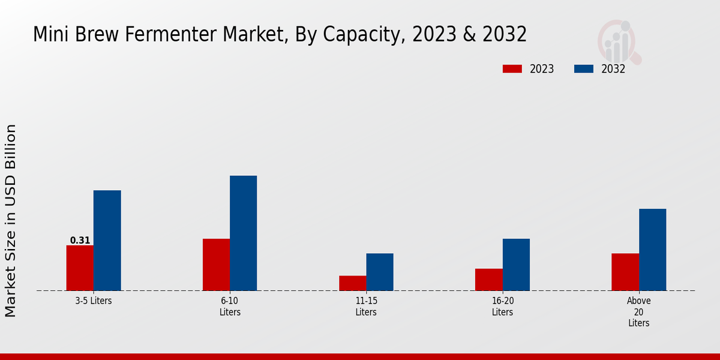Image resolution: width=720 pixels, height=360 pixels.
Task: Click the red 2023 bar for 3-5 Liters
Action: pos(80,268)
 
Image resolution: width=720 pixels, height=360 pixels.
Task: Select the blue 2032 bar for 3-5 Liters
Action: pos(107,241)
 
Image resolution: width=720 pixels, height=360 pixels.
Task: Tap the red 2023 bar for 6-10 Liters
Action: pos(216,265)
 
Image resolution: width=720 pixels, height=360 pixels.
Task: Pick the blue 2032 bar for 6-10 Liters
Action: pos(243,233)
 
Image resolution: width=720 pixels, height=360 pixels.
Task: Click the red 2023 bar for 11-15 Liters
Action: pos(352,283)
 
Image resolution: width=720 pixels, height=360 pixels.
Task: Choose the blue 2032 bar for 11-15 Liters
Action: pos(380,272)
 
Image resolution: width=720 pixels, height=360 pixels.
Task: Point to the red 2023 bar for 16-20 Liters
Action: pos(488,280)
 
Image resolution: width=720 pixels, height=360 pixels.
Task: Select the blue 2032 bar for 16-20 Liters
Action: pos(516,265)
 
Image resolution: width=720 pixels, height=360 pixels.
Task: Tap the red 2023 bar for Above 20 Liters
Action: pos(625,272)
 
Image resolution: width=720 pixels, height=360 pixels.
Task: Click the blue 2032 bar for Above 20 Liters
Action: pos(652,250)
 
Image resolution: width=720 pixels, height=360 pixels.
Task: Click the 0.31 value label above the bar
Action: pos(80,241)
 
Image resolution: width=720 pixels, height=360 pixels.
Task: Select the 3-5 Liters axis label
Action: pos(94,301)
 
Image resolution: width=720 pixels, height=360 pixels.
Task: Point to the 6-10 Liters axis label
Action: pos(230,306)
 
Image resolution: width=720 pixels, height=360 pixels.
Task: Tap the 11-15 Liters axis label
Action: pos(366,306)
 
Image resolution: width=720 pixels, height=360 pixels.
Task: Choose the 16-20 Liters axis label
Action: pos(502,306)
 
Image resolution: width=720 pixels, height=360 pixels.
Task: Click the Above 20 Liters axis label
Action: pos(638,311)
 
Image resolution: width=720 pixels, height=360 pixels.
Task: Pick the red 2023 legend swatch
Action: pos(512,69)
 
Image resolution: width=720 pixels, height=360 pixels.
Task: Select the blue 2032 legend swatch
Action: pos(583,69)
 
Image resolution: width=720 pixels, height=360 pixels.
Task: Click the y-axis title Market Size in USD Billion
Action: pos(11,220)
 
